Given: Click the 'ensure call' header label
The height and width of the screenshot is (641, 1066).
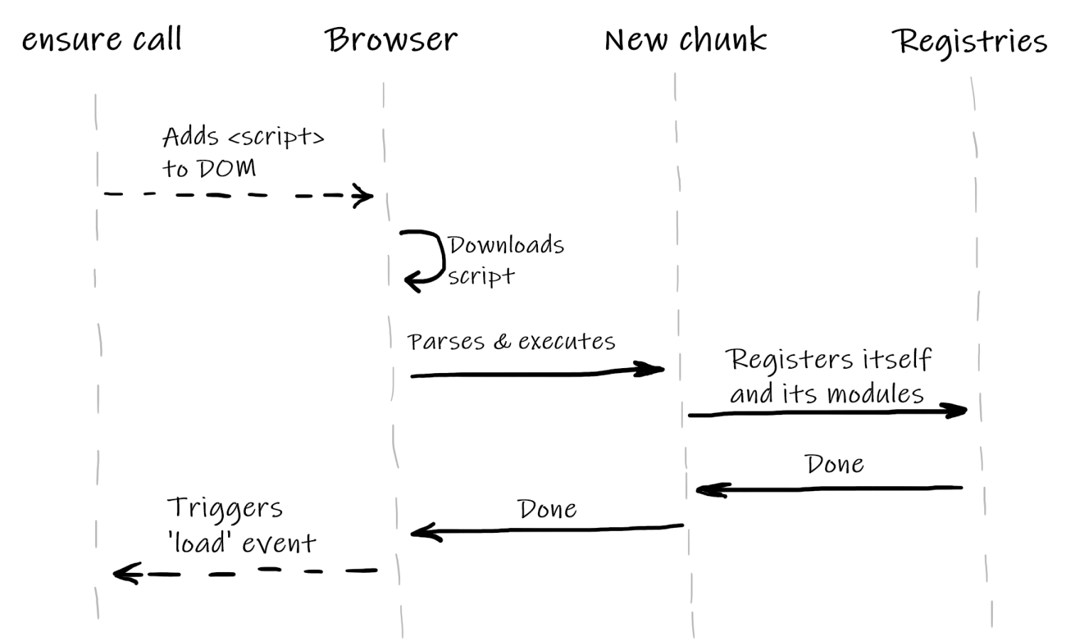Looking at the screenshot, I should click(102, 39).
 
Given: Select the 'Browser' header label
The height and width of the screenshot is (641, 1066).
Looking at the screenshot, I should click(391, 40).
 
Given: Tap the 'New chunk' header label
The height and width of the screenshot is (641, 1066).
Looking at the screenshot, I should click(686, 40).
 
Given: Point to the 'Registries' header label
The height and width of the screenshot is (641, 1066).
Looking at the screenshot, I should click(969, 41).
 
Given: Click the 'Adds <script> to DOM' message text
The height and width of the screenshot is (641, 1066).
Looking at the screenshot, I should click(242, 151).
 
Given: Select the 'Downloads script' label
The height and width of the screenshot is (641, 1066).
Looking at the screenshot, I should click(505, 259).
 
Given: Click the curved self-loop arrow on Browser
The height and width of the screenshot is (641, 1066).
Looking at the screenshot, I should click(425, 259).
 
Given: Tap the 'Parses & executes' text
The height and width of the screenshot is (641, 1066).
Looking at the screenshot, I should click(511, 342).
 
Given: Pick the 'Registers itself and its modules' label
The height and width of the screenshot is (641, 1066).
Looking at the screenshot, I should click(828, 376).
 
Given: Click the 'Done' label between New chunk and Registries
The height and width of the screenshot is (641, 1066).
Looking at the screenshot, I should click(834, 464).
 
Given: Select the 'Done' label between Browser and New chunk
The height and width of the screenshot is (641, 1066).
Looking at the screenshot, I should click(547, 509).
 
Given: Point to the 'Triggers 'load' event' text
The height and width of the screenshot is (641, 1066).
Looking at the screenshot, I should click(240, 525).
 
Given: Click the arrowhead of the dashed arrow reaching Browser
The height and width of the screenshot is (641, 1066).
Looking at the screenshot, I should click(365, 195).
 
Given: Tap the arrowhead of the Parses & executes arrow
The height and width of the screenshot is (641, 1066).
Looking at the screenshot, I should click(652, 369).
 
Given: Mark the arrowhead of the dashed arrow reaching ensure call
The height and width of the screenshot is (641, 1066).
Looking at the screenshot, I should click(124, 573).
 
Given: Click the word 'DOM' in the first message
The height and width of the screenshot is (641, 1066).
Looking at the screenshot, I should click(227, 168).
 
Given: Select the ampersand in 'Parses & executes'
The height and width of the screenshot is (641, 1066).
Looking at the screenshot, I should click(502, 342).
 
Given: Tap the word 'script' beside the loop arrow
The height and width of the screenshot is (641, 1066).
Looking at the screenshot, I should click(481, 276).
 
